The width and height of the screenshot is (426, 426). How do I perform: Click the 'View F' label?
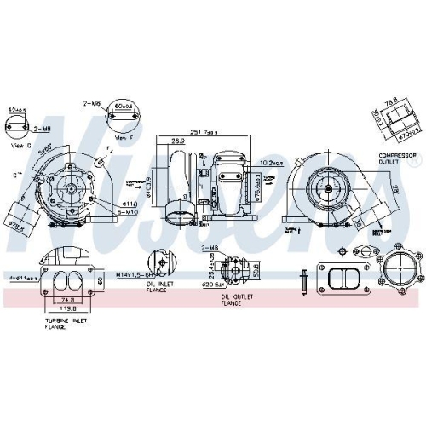(x=124, y=137)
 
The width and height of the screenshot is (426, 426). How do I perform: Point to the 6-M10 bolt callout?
(x=128, y=212)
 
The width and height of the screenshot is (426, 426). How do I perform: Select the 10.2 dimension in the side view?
(x=272, y=162)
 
